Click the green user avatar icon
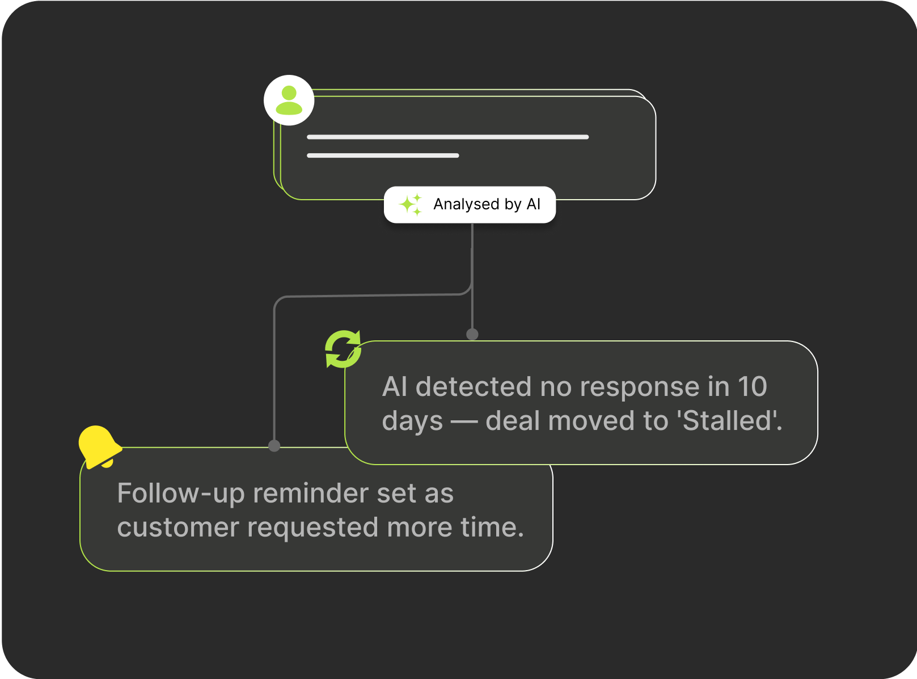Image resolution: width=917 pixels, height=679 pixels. coord(289,100)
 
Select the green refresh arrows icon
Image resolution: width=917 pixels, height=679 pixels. coord(343,349)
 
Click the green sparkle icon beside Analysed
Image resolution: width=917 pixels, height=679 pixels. coord(410,204)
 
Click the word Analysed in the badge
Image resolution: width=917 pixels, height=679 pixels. coord(466,204)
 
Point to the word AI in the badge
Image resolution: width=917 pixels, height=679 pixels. coord(533,204)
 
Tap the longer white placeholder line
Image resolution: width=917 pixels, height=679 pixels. coord(448,137)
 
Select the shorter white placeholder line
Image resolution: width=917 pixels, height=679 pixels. coord(383,155)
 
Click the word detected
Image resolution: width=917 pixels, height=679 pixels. coord(473,387)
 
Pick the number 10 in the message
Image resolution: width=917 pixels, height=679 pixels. coord(753,387)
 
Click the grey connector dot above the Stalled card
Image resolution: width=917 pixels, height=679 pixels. coord(472,334)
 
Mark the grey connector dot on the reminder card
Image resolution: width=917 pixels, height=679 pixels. coord(274,446)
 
